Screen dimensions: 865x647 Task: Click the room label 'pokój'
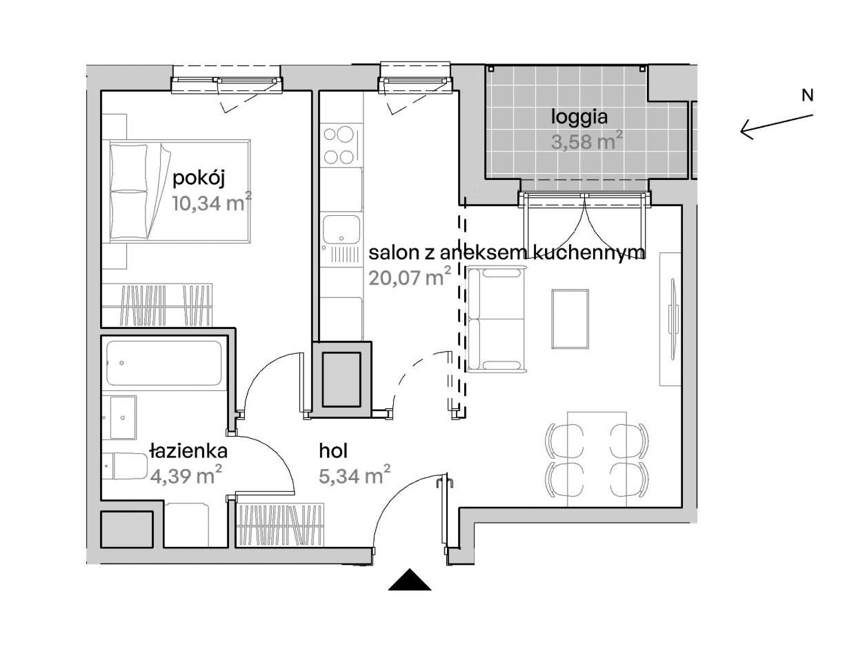pos(199,179)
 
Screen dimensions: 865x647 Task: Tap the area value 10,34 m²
pos(212,203)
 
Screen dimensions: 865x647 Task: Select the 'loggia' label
pos(579,117)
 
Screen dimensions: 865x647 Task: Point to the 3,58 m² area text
pos(587,141)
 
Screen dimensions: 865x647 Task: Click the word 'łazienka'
pos(189,451)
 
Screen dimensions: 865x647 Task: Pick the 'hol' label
pos(333,451)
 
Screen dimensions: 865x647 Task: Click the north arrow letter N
pos(808,95)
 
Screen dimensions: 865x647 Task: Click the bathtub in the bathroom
pos(164,363)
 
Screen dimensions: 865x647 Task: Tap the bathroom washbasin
pos(123,418)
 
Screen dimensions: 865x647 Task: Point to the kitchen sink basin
pos(341,229)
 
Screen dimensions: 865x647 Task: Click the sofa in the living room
pos(497,319)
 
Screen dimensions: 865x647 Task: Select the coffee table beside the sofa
pos(570,319)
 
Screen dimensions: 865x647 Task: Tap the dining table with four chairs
pos(597,460)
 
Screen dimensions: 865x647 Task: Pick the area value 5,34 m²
pos(355,475)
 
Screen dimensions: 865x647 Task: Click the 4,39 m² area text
pos(186,475)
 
